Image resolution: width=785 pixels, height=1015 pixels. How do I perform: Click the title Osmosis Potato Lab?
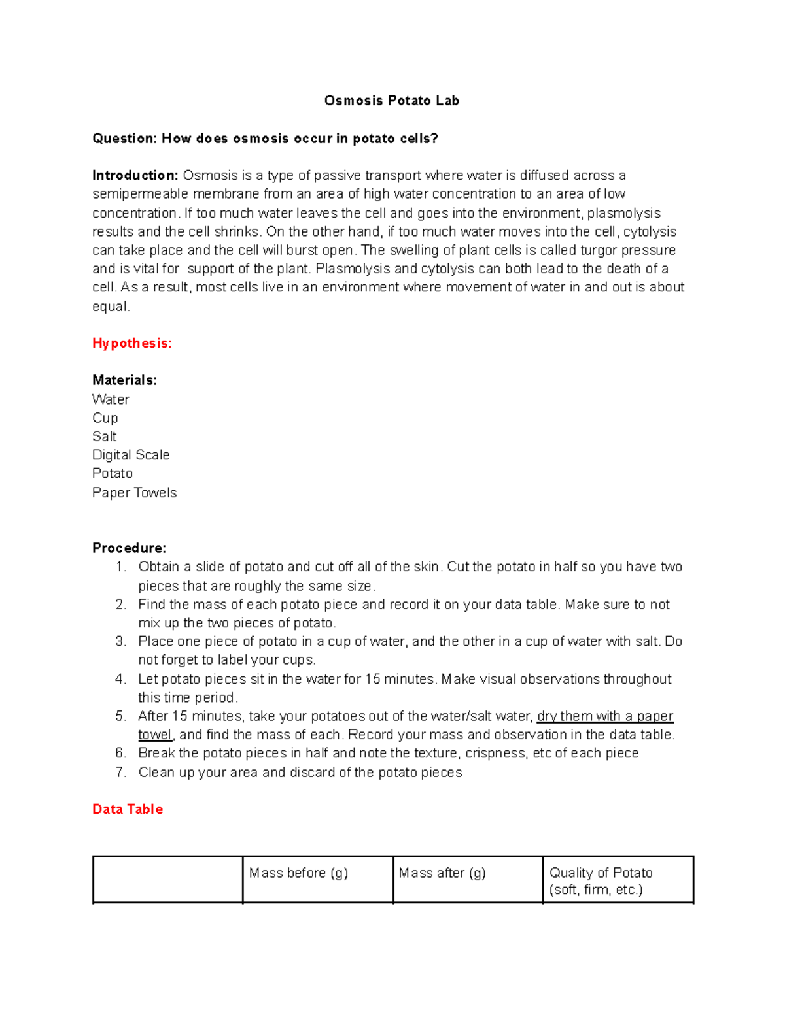[391, 101]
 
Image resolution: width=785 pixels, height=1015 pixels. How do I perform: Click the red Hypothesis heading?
[131, 343]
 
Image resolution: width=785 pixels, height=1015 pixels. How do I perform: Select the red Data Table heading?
[128, 809]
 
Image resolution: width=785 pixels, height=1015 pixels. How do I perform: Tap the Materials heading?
[124, 380]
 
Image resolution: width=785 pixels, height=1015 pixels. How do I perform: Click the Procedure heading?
[129, 548]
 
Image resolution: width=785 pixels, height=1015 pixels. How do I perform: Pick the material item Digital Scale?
[131, 455]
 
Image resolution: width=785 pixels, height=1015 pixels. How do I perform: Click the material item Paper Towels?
[134, 493]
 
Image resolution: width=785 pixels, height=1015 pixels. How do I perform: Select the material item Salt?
[104, 437]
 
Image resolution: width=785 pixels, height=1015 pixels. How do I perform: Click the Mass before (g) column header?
[298, 873]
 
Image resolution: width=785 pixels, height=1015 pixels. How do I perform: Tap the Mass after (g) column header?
[442, 873]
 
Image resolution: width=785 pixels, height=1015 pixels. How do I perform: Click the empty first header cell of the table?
[167, 880]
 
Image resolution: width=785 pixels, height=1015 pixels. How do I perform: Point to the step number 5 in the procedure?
[120, 716]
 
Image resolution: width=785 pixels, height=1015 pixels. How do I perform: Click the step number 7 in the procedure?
[120, 773]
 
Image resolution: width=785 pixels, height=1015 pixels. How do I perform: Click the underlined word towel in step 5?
[155, 735]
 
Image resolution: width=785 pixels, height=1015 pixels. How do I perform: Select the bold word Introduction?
[135, 175]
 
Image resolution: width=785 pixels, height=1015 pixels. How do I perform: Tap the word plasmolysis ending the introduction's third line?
[624, 213]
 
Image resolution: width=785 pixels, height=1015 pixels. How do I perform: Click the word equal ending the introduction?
[110, 307]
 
